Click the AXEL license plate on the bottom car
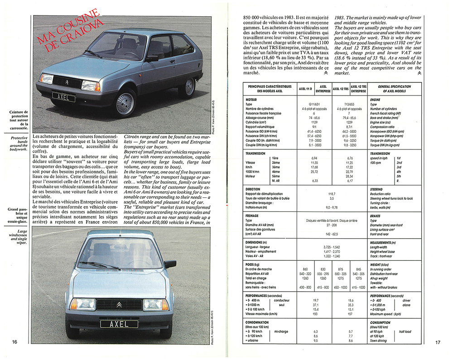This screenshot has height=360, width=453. click(119, 324)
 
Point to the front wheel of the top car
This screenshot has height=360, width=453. click(125, 103)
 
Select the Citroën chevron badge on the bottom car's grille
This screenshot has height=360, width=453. click(119, 304)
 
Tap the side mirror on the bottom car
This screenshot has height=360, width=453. click(170, 264)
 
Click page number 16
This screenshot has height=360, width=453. click(15, 341)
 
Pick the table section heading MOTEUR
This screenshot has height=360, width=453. click(251, 99)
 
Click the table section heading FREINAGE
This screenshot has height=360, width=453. click(252, 216)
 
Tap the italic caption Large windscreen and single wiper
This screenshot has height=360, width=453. click(19, 238)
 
